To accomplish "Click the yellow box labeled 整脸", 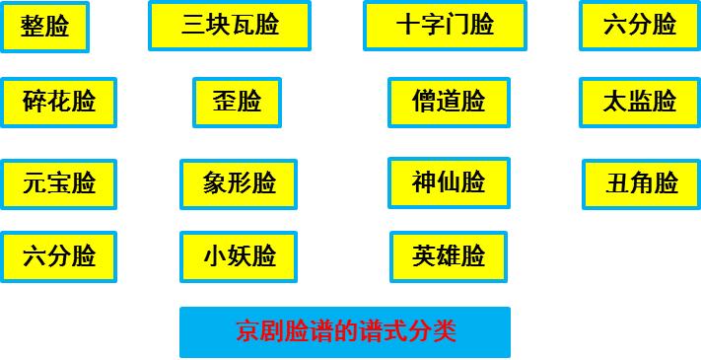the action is point(44,27).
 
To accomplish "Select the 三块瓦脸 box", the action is point(229,26).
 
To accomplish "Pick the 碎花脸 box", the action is point(59,102).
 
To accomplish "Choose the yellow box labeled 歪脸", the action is point(237,102).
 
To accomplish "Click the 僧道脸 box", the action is point(449,102).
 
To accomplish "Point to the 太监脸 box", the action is point(639,102).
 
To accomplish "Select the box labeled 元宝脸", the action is point(59,183).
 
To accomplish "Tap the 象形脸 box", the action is point(239,183).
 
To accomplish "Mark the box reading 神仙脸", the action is point(449,182).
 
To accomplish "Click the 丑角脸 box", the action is point(641,183).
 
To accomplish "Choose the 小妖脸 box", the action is point(239,256).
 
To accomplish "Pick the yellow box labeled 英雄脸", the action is point(449,256).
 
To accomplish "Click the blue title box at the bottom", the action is point(344,331).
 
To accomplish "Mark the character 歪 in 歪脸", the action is point(225,102).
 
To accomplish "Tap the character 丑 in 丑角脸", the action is point(618,183).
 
